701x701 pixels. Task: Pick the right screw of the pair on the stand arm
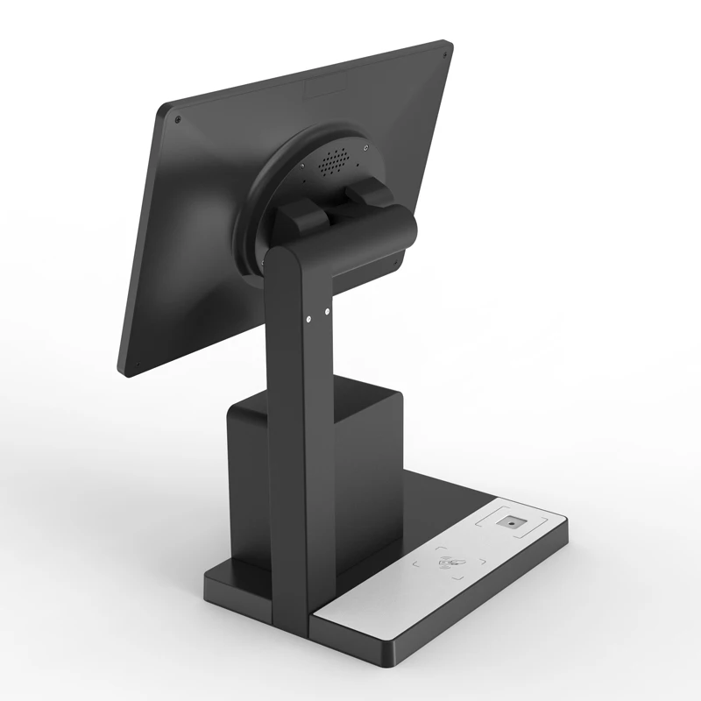coord(326,310)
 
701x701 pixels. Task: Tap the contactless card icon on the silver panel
coord(450,563)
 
